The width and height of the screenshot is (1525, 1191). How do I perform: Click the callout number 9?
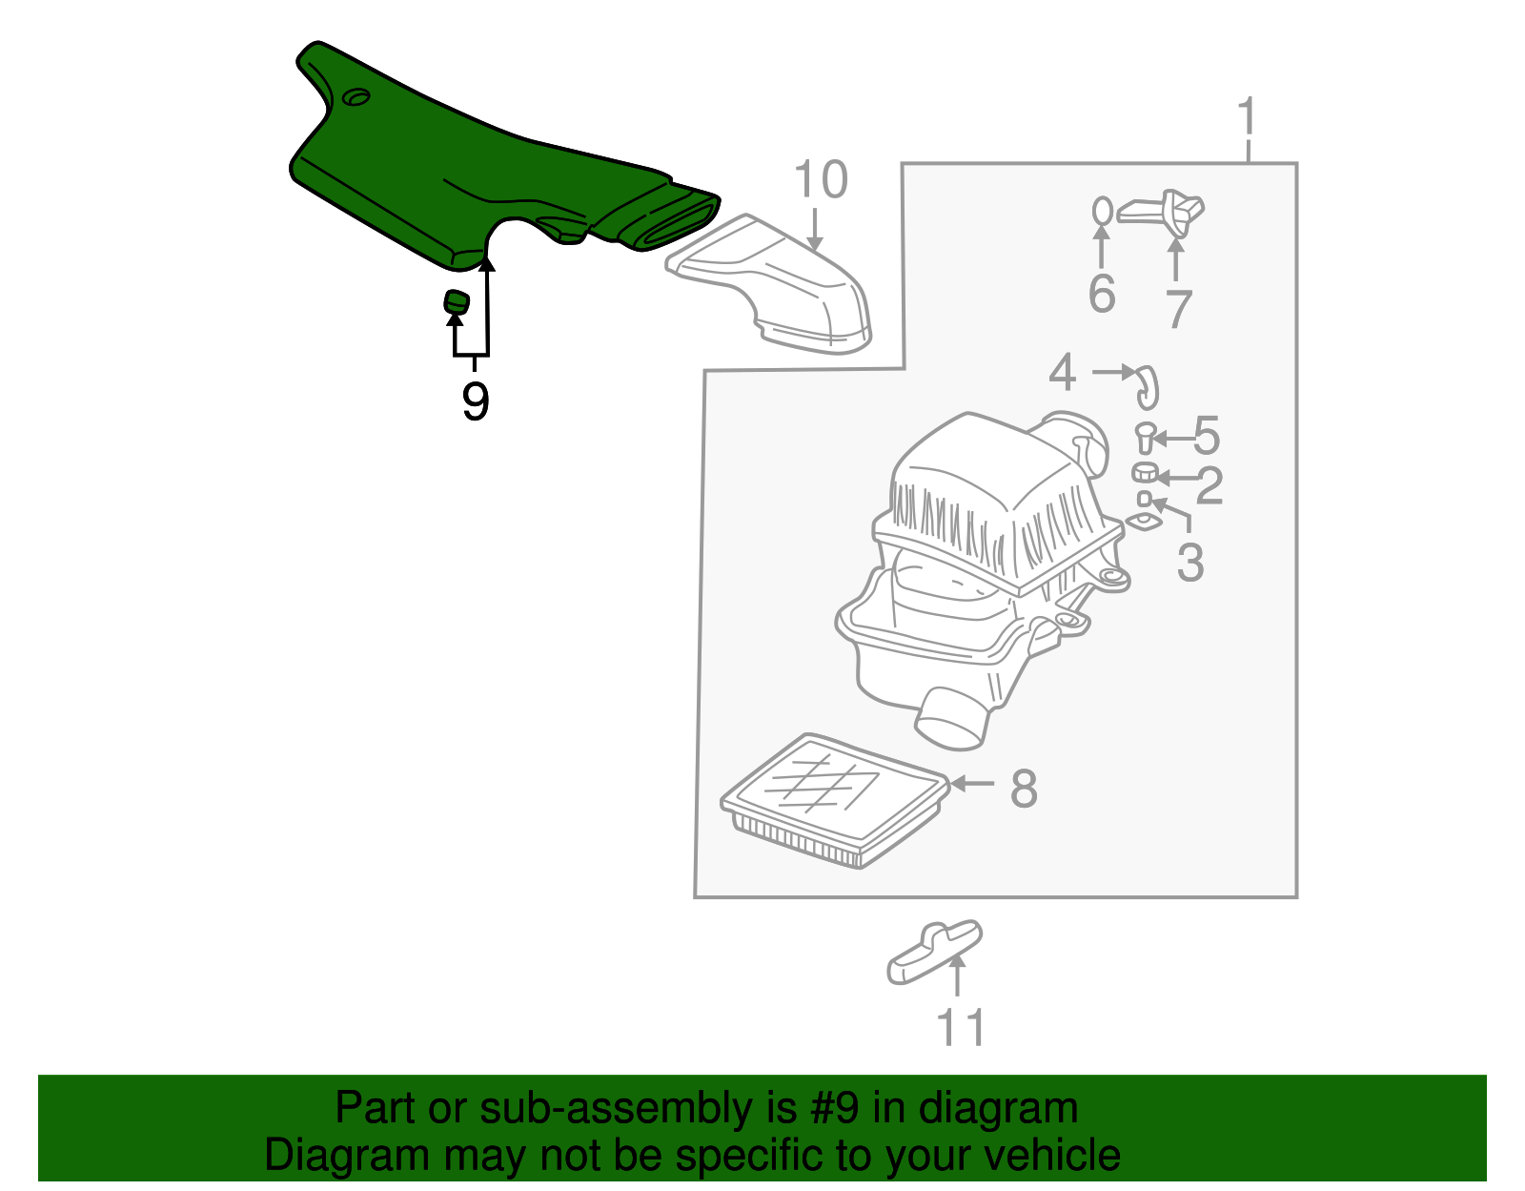click(475, 401)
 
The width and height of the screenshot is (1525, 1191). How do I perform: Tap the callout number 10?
click(821, 179)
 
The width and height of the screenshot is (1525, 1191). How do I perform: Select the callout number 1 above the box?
click(1247, 117)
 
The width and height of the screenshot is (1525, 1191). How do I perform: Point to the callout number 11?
click(961, 1028)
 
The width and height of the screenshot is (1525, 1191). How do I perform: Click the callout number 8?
click(1024, 789)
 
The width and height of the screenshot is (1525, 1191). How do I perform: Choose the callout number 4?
click(1062, 373)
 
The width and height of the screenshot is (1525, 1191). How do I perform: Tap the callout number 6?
click(1102, 294)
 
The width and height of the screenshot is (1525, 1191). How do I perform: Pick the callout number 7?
click(1179, 310)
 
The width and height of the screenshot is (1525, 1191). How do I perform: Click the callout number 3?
click(1190, 563)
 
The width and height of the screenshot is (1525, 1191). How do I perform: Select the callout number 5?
click(1207, 436)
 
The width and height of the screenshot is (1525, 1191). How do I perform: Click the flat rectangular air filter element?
click(835, 800)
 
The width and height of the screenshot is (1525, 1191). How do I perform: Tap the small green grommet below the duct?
click(457, 301)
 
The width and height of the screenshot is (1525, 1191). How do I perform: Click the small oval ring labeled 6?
click(1103, 211)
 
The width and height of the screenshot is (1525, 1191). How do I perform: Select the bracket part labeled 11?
click(935, 952)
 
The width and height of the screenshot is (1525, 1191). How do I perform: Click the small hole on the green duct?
click(357, 97)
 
